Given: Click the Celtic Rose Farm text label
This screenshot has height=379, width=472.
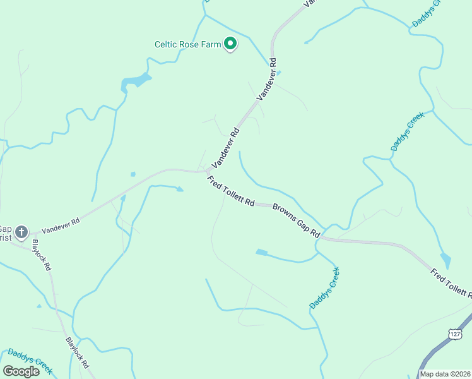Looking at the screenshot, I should [189, 44].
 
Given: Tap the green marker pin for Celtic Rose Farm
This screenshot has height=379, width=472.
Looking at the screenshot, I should [231, 44].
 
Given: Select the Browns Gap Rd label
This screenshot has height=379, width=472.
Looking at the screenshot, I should [296, 220].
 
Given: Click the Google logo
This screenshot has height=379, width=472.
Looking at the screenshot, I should [21, 371].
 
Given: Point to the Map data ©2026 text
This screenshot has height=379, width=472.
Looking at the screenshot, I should [444, 373].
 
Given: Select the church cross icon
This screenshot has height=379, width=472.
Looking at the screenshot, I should [22, 232].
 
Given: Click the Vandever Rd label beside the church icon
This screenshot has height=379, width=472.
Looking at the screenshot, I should [60, 226].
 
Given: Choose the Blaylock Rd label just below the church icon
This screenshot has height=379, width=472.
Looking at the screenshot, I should [42, 255].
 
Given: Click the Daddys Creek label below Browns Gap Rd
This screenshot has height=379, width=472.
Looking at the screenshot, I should [324, 288].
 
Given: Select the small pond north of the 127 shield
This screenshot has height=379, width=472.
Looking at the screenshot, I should [446, 260].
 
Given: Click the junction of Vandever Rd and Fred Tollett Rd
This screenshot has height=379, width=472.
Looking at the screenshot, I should [208, 171].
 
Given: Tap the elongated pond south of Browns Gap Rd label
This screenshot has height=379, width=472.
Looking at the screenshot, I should [261, 253].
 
